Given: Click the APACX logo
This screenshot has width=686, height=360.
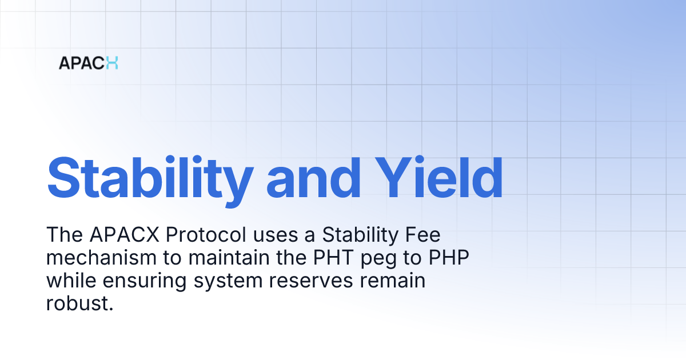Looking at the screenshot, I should coord(88,63).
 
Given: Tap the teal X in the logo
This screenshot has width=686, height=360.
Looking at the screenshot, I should coord(111,63).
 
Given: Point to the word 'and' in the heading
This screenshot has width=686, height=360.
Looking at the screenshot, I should coord(313,177).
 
